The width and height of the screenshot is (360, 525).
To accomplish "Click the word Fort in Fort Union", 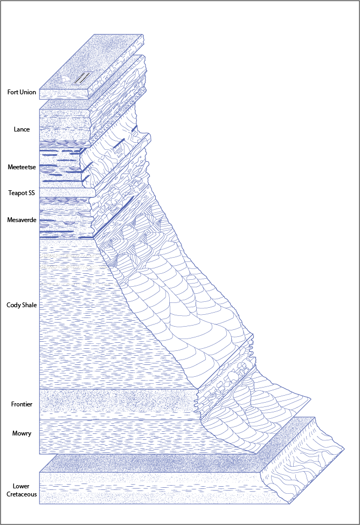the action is tap(13, 92).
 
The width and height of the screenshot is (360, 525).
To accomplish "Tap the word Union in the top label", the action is tap(28, 92).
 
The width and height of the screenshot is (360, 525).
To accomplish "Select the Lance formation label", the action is tap(22, 129).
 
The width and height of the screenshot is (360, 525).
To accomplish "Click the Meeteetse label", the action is tap(22, 167).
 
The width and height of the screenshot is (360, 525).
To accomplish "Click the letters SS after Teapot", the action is tap(32, 192).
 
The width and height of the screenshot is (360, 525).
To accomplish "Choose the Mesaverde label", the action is tap(22, 220).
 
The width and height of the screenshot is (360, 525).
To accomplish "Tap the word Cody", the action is tap(13, 305).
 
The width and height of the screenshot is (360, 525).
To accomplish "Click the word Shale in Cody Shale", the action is tap(29, 305).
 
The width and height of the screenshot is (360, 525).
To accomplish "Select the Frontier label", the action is tap(22, 404).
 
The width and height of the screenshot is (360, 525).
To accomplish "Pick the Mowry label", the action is tap(22, 433).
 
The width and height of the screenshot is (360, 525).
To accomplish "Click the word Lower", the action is tap(21, 486).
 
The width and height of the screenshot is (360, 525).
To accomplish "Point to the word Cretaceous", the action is tap(22, 494).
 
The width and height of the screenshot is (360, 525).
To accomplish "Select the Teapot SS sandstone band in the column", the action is tap(65, 192).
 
